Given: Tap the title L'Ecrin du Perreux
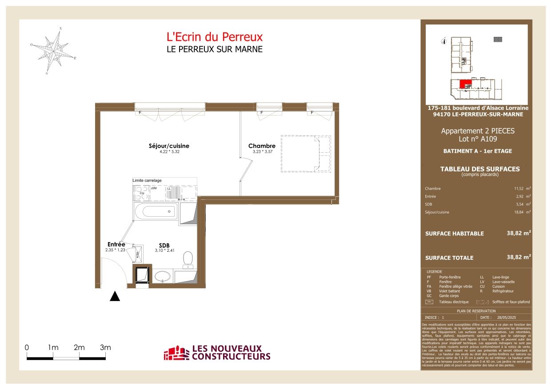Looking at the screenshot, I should (x=214, y=37).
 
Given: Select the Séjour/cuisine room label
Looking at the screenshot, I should (x=166, y=146).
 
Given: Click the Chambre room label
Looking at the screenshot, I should (x=262, y=146).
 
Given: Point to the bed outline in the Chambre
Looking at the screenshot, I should (x=305, y=154).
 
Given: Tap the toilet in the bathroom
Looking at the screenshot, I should (x=188, y=258).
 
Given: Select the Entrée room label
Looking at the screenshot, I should (x=116, y=244).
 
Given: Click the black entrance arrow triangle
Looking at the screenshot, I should (x=115, y=297).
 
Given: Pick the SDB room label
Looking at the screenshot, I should (x=164, y=245).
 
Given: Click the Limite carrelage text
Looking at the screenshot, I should (x=147, y=180).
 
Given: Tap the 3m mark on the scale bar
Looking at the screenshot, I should (x=105, y=348).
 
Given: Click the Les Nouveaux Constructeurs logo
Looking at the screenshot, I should (x=217, y=353).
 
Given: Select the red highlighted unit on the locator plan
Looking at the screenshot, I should (x=465, y=83).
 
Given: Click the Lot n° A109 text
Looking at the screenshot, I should (x=478, y=139).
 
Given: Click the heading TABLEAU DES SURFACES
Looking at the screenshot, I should (x=479, y=169).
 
